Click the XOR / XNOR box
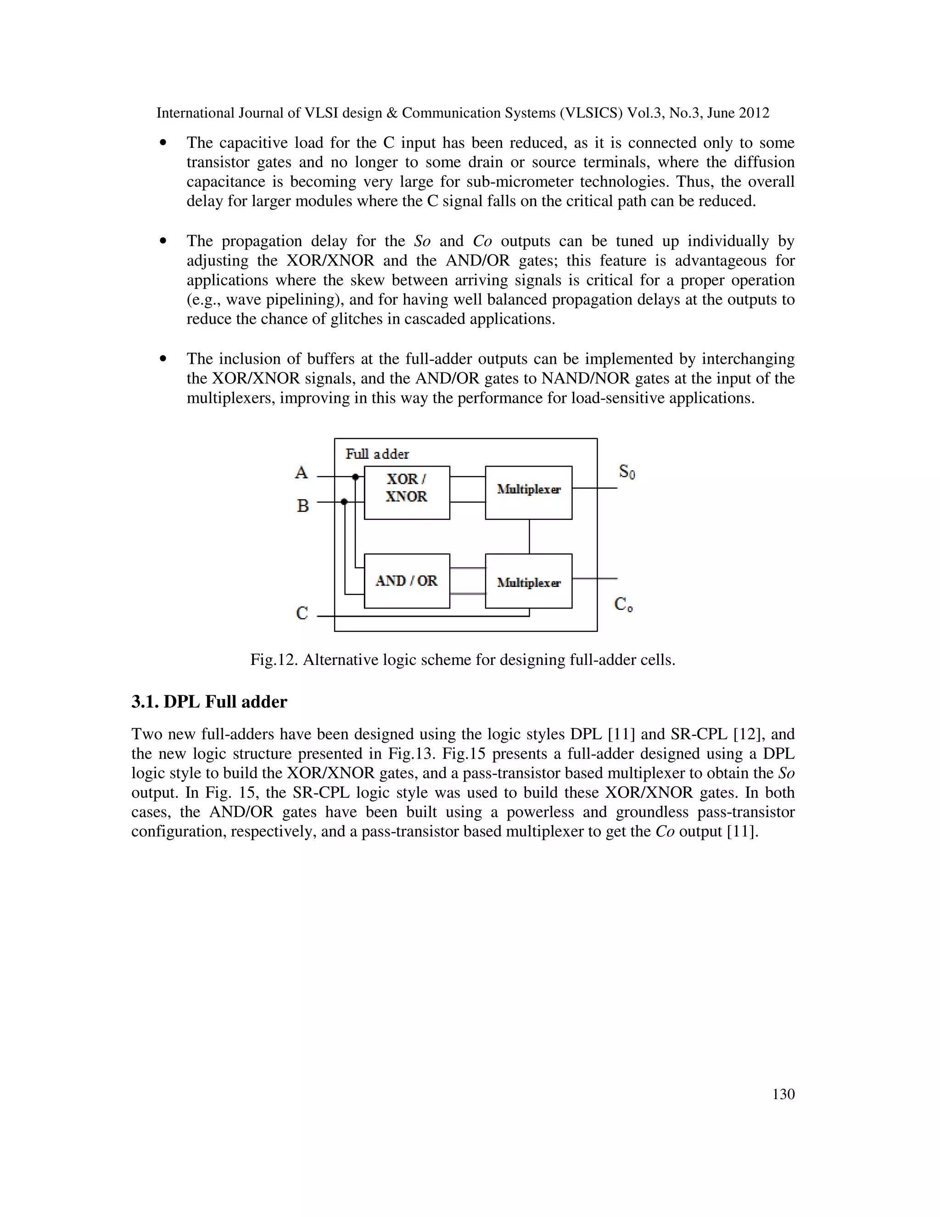point(407,493)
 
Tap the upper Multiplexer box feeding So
point(528,493)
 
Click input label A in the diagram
point(301,473)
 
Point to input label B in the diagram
point(302,506)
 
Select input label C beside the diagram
point(302,614)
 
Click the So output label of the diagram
point(627,472)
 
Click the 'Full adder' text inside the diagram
point(377,454)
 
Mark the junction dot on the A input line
point(355,477)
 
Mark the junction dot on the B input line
point(344,502)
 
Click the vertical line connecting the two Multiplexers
point(529,536)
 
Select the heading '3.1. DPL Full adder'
point(209,702)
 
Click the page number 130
point(783,1094)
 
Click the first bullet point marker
point(163,143)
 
